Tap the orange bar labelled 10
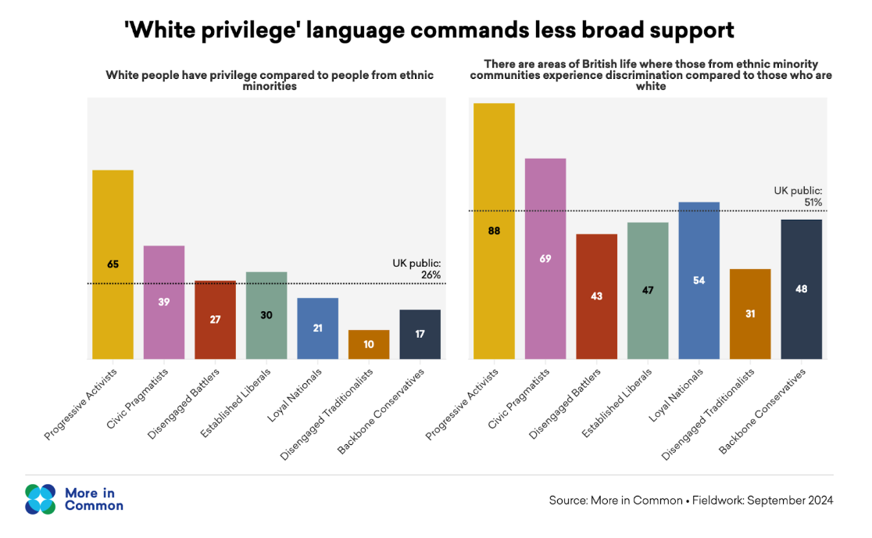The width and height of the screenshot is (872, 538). point(369,344)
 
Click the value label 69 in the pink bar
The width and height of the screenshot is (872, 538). point(545,258)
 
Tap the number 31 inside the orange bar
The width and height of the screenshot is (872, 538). point(750,314)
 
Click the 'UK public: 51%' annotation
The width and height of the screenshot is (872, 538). point(798,196)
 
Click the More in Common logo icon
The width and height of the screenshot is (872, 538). point(41,499)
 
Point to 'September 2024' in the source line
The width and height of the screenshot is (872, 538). point(790,500)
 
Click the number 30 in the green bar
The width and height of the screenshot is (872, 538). point(266,316)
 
